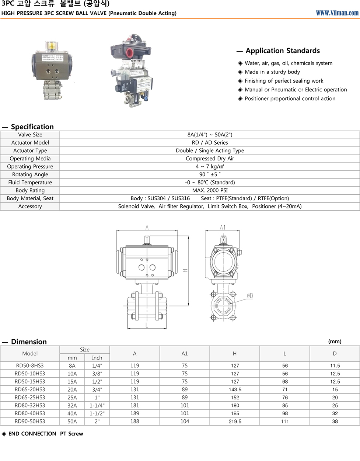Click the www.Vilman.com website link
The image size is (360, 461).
click(337, 13)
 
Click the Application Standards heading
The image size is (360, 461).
click(282, 51)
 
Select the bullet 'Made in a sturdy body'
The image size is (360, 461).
click(272, 72)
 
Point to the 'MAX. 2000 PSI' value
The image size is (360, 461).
click(210, 190)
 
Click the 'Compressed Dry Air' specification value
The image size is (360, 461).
click(210, 159)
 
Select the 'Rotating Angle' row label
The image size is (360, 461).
click(30, 174)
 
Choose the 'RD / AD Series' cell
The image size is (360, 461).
click(210, 143)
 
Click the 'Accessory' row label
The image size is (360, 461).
click(30, 207)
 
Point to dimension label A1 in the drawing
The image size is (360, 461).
click(223, 228)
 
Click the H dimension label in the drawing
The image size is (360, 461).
click(185, 271)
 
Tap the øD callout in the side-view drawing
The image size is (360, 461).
click(250, 295)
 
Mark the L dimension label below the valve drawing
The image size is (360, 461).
click(147, 325)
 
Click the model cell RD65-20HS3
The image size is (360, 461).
click(30, 389)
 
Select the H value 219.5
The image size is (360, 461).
click(235, 421)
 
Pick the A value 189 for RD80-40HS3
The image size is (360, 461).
click(134, 413)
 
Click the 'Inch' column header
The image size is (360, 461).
click(97, 358)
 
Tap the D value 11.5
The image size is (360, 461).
click(335, 365)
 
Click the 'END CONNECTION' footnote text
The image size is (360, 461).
click(32, 434)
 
